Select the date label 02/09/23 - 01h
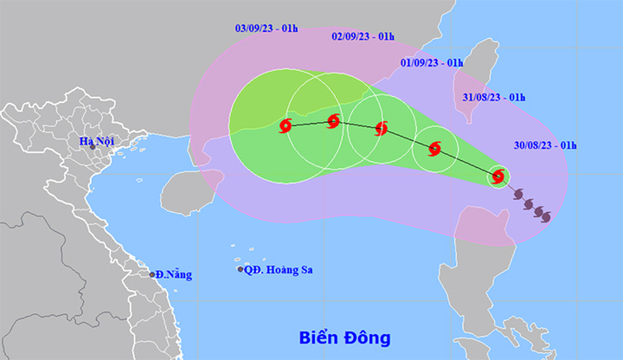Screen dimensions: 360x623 363,36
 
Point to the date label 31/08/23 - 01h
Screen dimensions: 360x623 494,97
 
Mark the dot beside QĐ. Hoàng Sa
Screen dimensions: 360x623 241,270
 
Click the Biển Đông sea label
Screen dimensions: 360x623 345,337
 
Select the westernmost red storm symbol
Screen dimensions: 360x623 286,127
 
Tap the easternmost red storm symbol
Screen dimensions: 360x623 498,177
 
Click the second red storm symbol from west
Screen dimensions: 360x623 334,121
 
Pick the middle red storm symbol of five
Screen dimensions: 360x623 381,130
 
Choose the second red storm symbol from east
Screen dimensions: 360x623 434,148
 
